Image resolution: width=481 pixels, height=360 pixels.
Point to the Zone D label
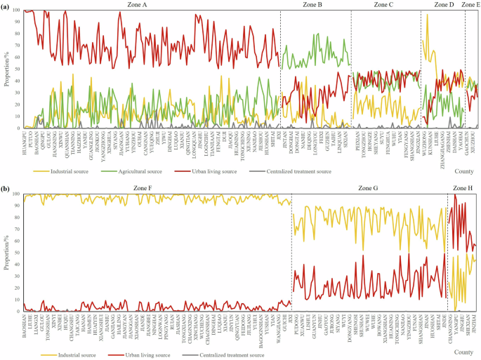coord(444,5)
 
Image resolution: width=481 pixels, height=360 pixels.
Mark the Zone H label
coord(462,189)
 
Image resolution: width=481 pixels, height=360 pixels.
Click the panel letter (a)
coord(6,6)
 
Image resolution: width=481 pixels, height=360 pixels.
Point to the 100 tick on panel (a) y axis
coord(15,11)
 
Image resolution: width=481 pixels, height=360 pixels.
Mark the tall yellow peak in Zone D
coord(426,15)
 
